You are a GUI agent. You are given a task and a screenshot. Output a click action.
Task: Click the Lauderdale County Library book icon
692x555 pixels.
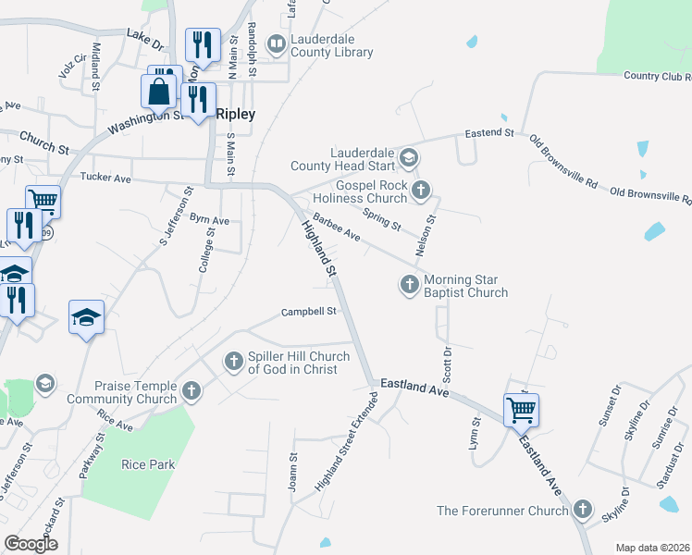coord(276,43)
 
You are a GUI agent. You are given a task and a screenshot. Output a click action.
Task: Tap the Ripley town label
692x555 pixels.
coord(235,114)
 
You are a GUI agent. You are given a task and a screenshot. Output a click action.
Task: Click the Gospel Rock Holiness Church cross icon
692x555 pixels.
coord(421,191)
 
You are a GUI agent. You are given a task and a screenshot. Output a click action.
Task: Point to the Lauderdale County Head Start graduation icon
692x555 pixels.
coord(408,160)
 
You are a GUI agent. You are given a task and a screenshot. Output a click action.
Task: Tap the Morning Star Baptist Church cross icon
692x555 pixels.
coord(410,285)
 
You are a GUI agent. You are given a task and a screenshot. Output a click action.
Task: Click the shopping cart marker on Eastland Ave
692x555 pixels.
coord(521,409)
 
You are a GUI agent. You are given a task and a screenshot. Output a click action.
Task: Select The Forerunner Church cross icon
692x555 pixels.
coord(583,510)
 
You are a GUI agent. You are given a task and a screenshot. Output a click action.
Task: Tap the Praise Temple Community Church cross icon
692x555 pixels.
coord(192,391)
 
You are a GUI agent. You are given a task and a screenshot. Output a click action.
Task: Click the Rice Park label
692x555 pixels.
coord(148,463)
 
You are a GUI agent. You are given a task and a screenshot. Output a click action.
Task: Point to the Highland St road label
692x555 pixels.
coord(317,247)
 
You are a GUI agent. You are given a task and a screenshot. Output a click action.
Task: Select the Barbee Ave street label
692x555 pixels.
coord(336,228)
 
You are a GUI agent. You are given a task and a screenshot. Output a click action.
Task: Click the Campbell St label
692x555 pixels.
coord(308,312)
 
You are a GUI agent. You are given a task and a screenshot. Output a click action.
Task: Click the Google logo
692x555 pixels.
coord(31,544)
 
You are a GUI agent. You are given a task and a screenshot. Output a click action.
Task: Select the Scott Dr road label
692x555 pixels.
coord(447,364)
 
